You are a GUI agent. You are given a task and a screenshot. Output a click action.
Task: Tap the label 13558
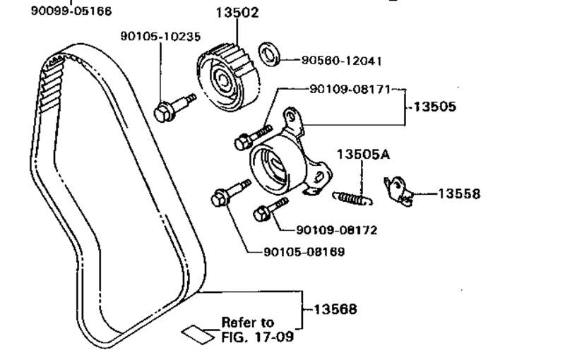459,193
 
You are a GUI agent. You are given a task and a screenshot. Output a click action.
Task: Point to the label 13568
335,308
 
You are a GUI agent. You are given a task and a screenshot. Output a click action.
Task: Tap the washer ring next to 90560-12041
269,52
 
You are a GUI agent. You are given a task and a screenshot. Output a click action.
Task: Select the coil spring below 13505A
350,197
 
